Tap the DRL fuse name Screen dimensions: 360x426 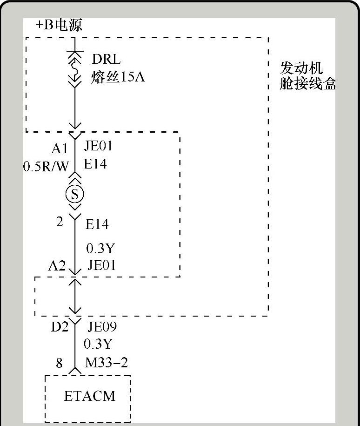[106, 59]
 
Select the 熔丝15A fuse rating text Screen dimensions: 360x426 [118, 76]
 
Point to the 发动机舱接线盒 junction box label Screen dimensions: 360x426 [307, 76]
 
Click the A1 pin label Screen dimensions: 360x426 [60, 149]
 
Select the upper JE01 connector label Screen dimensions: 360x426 [98, 147]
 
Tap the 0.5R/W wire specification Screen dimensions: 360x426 [46, 166]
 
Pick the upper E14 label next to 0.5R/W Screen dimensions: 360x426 [95, 164]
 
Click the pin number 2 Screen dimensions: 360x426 [59, 222]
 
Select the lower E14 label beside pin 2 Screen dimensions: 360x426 [97, 225]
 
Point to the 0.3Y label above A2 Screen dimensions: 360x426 [100, 249]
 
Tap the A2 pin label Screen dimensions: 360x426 [57, 266]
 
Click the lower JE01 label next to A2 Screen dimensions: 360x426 [101, 265]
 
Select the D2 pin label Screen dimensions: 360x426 [60, 327]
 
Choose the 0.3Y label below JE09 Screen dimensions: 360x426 [98, 344]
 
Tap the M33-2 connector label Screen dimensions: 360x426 [107, 362]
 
